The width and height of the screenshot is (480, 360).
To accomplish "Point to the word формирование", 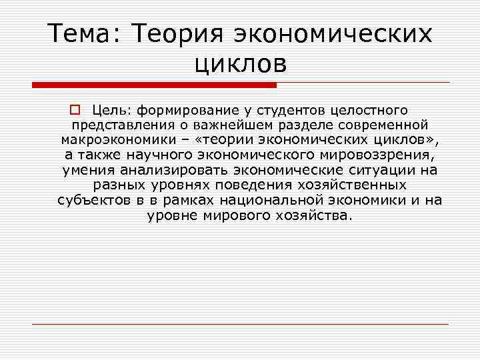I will [184, 109].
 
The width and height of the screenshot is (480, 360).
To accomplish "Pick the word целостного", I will [373, 109].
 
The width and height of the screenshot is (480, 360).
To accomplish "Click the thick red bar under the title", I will [154, 85].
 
